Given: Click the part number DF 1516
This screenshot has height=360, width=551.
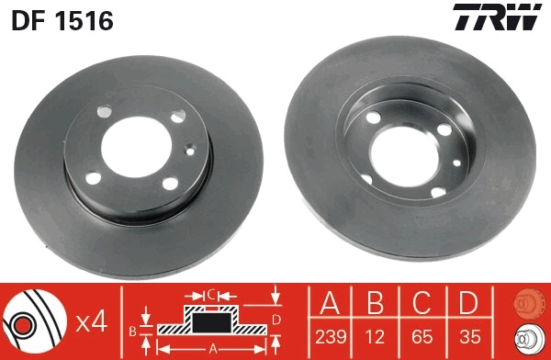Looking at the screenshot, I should (62, 19).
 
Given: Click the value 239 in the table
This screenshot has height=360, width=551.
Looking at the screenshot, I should (331, 337).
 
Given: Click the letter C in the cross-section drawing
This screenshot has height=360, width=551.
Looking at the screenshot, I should (211, 295).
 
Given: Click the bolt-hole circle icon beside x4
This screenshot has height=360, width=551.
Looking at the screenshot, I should (34, 321).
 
